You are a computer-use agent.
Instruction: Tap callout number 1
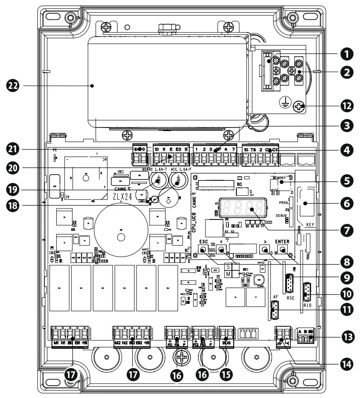click(x=347, y=55)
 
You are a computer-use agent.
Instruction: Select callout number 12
click(x=347, y=106)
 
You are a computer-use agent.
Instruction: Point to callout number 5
click(x=347, y=180)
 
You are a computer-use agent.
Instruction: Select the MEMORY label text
click(x=279, y=178)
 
